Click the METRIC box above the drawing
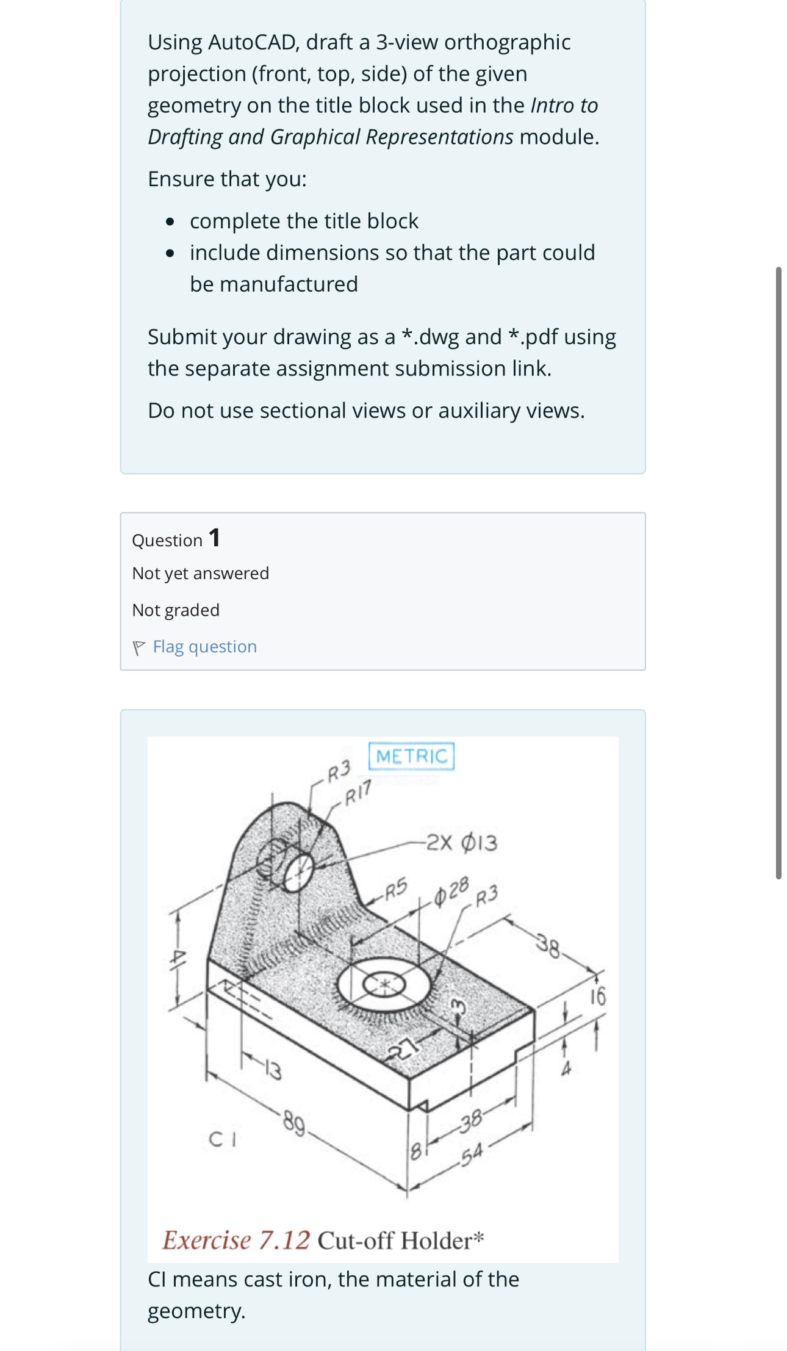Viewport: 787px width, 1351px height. pyautogui.click(x=411, y=756)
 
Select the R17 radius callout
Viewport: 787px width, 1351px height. pyautogui.click(x=358, y=794)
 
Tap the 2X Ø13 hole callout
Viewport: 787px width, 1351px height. pyautogui.click(x=462, y=843)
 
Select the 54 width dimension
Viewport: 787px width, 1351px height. pyautogui.click(x=472, y=1153)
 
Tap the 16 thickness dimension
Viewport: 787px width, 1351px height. pyautogui.click(x=598, y=996)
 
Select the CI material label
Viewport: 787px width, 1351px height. pyautogui.click(x=223, y=1139)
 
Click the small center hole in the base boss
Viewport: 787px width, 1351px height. pyautogui.click(x=384, y=984)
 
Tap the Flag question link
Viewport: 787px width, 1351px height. pyautogui.click(x=204, y=647)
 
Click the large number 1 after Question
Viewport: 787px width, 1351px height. pyautogui.click(x=214, y=538)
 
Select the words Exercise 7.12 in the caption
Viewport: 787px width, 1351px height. pyautogui.click(x=236, y=1241)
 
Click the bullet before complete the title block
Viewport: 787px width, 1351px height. pyautogui.click(x=171, y=221)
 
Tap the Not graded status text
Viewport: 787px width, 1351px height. pyautogui.click(x=176, y=610)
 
